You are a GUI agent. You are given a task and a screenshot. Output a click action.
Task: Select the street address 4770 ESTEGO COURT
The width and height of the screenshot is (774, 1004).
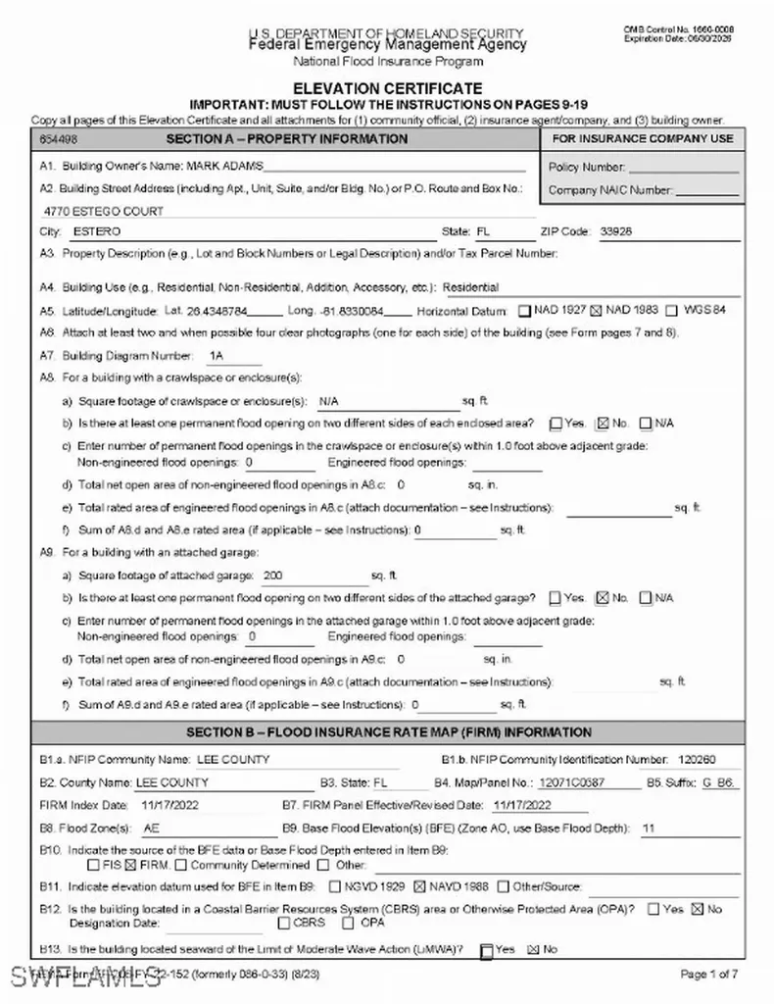tap(104, 211)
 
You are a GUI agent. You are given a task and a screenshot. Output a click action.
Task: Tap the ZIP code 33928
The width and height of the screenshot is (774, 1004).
tap(615, 232)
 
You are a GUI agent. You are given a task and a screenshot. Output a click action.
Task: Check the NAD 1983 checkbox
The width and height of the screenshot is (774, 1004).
tap(597, 311)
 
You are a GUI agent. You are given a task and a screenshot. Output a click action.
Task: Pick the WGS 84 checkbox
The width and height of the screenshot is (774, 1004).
tap(671, 311)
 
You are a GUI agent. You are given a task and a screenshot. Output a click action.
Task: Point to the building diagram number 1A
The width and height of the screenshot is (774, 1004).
tap(217, 355)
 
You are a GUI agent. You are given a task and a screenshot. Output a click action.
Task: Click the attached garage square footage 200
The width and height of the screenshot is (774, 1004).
tap(273, 576)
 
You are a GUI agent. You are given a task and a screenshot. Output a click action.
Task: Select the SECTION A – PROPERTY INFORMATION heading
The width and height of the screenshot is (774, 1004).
tap(286, 139)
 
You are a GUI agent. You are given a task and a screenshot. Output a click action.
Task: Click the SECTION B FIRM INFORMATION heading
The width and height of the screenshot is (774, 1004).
tap(388, 732)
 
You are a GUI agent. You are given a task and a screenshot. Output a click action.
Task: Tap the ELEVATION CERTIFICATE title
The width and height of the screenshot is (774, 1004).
tap(388, 88)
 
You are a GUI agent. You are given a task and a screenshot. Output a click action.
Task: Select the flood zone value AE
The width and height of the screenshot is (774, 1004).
tap(152, 828)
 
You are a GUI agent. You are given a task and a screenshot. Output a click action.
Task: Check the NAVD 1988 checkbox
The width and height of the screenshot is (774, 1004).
tap(420, 887)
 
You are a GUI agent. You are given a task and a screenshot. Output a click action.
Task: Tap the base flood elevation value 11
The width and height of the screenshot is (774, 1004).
tap(648, 828)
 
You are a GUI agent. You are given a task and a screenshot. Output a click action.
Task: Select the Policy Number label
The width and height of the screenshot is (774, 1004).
tap(586, 168)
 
